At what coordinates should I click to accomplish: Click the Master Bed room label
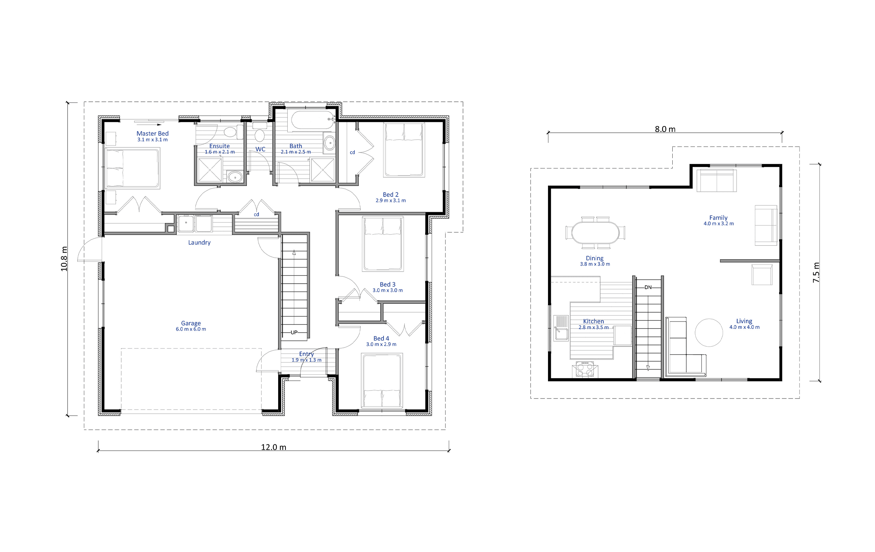(152, 133)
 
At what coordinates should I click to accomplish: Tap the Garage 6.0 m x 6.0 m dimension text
(191, 329)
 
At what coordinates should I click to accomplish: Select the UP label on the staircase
(294, 332)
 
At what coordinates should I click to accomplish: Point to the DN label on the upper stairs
(648, 287)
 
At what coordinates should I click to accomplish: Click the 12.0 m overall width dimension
(273, 447)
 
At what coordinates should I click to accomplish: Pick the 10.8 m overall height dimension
(64, 259)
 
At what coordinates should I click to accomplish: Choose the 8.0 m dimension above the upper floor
(665, 129)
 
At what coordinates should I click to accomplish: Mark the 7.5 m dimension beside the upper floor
(816, 272)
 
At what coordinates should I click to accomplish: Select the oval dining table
(595, 233)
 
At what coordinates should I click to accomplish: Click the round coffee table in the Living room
(709, 333)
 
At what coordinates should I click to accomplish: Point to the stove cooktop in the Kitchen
(585, 369)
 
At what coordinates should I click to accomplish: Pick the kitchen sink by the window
(561, 328)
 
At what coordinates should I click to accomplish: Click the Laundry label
(199, 242)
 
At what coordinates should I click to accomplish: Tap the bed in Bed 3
(383, 244)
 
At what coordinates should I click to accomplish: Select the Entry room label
(306, 354)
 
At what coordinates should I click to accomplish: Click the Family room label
(718, 218)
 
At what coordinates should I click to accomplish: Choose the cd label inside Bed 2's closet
(352, 152)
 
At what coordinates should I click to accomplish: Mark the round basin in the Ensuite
(235, 178)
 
